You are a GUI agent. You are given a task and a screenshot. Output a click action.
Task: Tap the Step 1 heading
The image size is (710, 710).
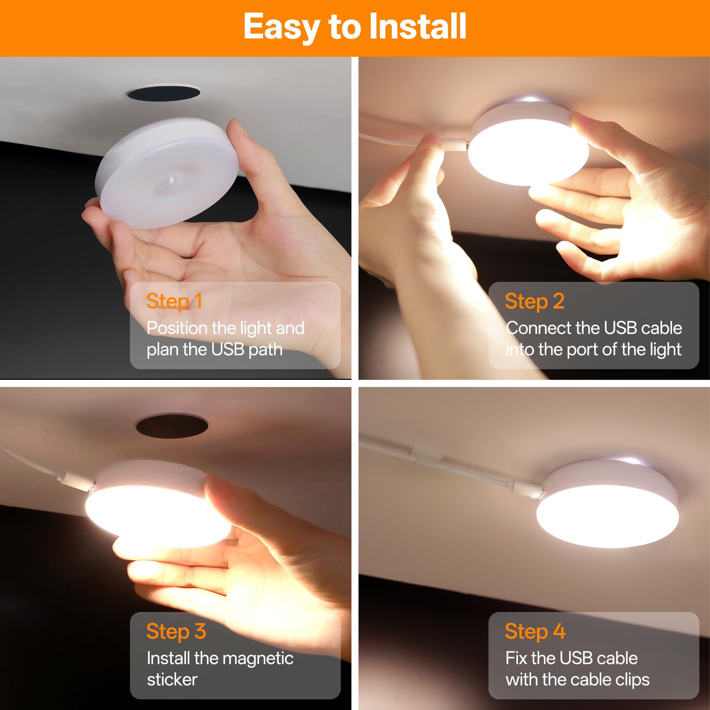(174, 301)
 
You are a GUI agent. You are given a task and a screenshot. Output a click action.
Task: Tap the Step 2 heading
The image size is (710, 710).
(534, 301)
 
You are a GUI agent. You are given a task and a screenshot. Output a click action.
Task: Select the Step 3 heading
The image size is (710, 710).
(176, 631)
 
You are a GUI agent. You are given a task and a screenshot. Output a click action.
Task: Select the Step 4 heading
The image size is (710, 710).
(535, 631)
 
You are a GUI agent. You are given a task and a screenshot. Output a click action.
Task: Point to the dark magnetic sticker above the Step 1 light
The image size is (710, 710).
(164, 93)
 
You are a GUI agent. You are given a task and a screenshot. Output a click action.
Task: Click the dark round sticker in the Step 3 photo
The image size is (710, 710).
(171, 426)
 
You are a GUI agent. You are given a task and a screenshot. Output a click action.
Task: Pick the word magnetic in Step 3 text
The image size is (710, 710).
(259, 658)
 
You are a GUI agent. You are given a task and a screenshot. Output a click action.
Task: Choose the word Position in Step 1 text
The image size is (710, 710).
(177, 328)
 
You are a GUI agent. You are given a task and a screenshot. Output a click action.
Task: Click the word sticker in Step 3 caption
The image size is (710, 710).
(172, 679)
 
